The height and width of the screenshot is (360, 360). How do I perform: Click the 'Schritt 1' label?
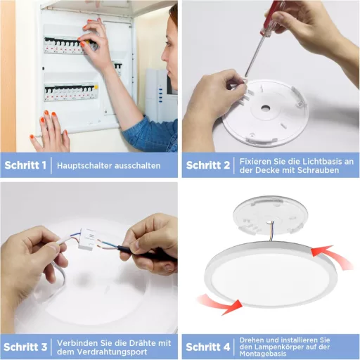26,166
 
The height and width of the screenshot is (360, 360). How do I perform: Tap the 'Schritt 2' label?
207,166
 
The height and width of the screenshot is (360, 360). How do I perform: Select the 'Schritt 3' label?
26,347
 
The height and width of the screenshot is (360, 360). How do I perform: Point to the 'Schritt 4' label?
207,347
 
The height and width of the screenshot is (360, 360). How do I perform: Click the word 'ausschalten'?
139,166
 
